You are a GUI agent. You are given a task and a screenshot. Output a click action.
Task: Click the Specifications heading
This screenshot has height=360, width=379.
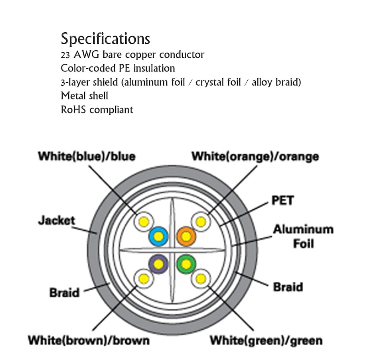pyautogui.click(x=105, y=39)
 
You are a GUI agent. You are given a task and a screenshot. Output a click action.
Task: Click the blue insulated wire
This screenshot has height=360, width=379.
pyautogui.click(x=158, y=237)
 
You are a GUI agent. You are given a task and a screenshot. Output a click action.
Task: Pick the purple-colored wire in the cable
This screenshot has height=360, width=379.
pyautogui.click(x=158, y=264)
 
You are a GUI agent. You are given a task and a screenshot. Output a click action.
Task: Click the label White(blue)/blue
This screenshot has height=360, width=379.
pyautogui.click(x=87, y=156)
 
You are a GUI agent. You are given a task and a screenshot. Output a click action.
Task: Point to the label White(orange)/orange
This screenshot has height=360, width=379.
pyautogui.click(x=255, y=156)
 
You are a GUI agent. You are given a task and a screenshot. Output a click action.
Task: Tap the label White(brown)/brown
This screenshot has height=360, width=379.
pyautogui.click(x=89, y=341)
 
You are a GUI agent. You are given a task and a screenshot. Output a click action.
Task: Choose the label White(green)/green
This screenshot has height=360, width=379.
pyautogui.click(x=266, y=340)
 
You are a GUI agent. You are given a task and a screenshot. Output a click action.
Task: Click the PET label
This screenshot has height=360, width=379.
pyautogui.click(x=283, y=200)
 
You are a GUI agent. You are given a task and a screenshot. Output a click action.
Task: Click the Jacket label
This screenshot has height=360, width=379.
pyautogui.click(x=56, y=220)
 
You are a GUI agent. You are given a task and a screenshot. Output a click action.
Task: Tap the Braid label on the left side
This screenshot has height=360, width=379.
pyautogui.click(x=64, y=293)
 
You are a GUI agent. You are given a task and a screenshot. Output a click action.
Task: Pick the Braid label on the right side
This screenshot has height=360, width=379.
pyautogui.click(x=288, y=287)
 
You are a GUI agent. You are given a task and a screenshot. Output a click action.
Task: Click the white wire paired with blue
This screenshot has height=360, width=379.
pyautogui.click(x=144, y=222)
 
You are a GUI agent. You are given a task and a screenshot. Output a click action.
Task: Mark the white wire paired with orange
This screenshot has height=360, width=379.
pyautogui.click(x=201, y=222)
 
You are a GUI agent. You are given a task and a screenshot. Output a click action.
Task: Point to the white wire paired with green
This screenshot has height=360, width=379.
pyautogui.click(x=201, y=279)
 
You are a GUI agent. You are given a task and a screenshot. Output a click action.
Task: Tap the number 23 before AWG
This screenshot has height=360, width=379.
pyautogui.click(x=66, y=55)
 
